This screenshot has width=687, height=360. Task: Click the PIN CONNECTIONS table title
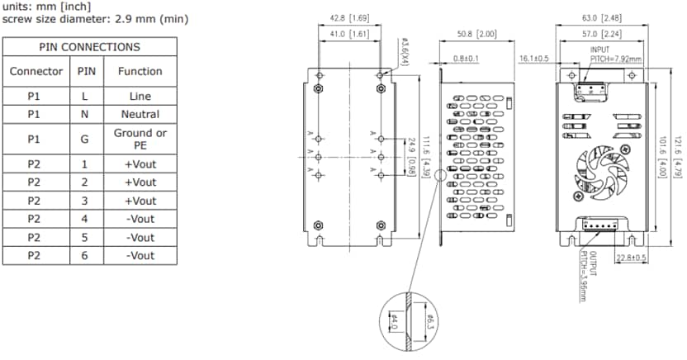(89, 47)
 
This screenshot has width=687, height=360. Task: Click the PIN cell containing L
(84, 96)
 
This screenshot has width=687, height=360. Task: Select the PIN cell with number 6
(84, 256)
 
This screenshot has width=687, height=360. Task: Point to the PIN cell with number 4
(84, 219)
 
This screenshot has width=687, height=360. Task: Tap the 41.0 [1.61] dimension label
(348, 34)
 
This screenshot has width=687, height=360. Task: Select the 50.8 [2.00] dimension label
(476, 34)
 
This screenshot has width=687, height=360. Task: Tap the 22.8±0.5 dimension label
(632, 258)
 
